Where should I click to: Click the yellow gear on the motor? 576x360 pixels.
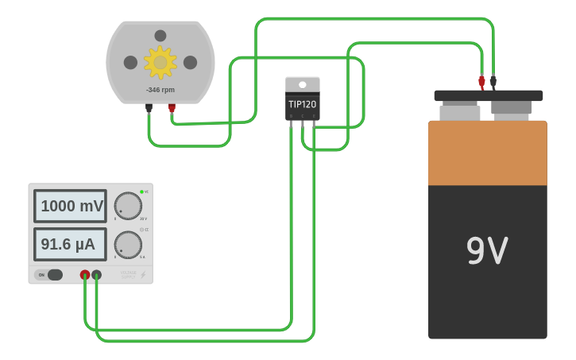(x=160, y=62)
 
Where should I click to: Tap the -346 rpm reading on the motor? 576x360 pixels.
(x=160, y=90)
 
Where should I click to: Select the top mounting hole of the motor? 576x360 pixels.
(x=160, y=36)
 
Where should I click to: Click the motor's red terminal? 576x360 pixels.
(x=172, y=108)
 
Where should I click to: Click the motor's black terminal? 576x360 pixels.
(x=149, y=108)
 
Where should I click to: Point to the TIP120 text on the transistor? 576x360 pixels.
(x=302, y=104)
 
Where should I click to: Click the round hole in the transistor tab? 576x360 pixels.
(x=302, y=85)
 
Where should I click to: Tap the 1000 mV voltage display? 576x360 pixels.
(x=71, y=206)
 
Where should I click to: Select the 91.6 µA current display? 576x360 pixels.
(x=69, y=244)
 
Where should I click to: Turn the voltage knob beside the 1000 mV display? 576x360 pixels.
(x=128, y=206)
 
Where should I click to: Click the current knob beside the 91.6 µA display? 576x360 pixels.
(x=128, y=245)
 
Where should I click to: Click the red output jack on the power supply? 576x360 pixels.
(x=85, y=275)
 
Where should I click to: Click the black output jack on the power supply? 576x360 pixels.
(x=96, y=275)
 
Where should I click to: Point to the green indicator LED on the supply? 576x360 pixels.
(x=141, y=192)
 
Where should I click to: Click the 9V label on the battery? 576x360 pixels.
(x=486, y=251)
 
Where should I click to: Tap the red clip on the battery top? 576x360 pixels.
(x=481, y=80)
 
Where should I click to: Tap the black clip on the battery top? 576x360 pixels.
(x=493, y=80)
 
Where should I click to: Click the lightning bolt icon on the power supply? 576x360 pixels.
(x=143, y=275)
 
